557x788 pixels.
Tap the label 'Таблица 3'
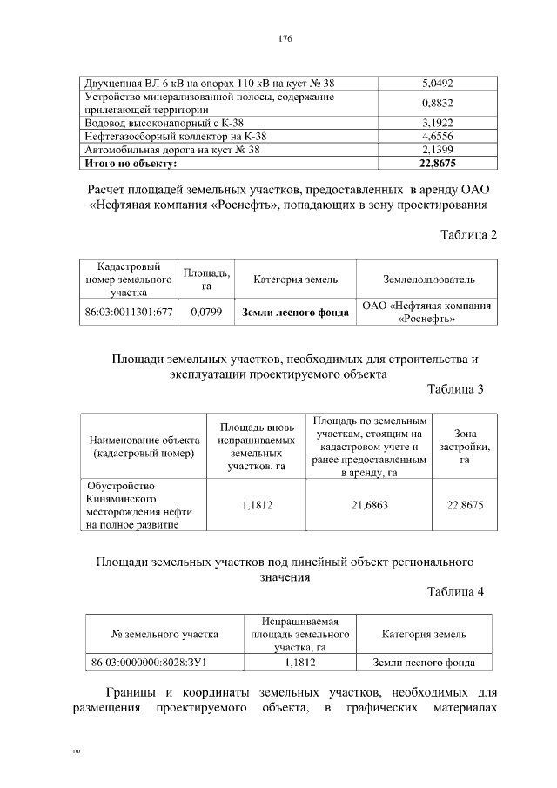pyautogui.click(x=455, y=389)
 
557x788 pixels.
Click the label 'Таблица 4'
pyautogui.click(x=455, y=592)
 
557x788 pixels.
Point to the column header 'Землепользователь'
pyautogui.click(x=429, y=280)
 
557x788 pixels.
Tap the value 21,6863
pyautogui.click(x=369, y=504)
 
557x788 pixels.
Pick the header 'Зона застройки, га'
pyautogui.click(x=464, y=446)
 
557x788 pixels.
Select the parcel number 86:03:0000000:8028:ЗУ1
pyautogui.click(x=148, y=663)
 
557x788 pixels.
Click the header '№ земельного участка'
pyautogui.click(x=164, y=634)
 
